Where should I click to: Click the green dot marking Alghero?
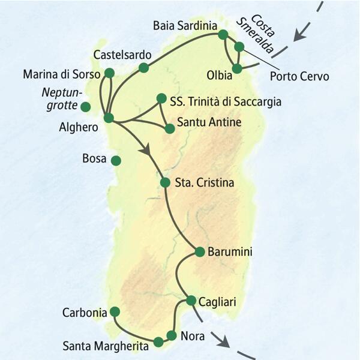[x=109, y=118]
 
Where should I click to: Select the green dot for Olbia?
[x=237, y=68]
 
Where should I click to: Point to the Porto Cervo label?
[x=299, y=77]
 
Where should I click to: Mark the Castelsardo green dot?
[x=143, y=68]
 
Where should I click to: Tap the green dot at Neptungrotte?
[x=86, y=107]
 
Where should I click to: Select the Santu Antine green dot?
[x=171, y=128]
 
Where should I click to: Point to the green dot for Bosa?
[x=116, y=160]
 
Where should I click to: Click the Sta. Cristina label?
[x=204, y=183]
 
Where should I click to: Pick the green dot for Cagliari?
[x=191, y=299]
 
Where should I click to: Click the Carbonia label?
[x=84, y=313]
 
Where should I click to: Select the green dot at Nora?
[x=172, y=335]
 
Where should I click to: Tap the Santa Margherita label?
[x=106, y=346]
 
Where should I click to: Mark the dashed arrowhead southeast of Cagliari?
[x=224, y=343]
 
